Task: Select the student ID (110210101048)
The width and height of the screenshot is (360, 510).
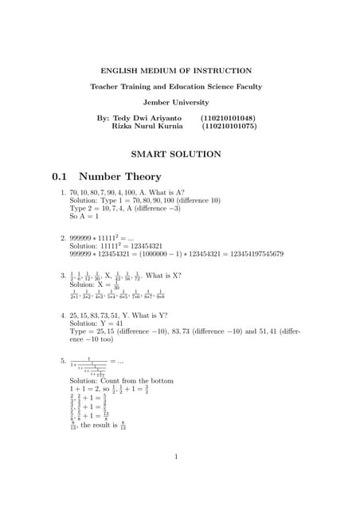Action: pos(228,117)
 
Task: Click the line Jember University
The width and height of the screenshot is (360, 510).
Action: pos(179,102)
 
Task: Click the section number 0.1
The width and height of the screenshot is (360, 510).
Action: pos(61,177)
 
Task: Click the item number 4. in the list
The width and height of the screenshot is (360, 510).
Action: pos(63,316)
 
